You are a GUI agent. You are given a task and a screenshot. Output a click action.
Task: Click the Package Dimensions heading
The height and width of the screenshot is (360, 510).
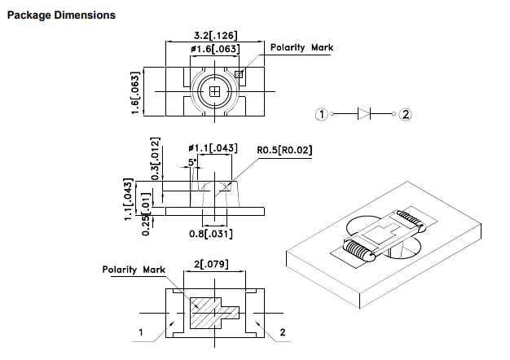61,15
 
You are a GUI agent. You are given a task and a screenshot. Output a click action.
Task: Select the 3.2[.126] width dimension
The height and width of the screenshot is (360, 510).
216,35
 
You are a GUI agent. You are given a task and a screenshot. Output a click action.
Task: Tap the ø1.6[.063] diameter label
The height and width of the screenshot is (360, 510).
215,49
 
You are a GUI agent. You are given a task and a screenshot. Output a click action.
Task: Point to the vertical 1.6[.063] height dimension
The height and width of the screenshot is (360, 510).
135,93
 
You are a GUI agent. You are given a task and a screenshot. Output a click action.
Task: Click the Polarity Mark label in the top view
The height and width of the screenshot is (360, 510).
301,47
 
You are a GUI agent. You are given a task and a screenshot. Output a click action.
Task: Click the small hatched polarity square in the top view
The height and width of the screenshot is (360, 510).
239,74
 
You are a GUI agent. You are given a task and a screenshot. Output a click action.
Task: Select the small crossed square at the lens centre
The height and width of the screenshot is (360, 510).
214,92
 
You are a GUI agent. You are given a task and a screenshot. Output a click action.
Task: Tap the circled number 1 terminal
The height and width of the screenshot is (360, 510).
322,114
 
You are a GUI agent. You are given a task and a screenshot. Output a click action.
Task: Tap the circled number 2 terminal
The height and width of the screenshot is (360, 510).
405,114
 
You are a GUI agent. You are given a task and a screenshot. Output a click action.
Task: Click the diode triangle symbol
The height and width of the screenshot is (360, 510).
364,114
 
